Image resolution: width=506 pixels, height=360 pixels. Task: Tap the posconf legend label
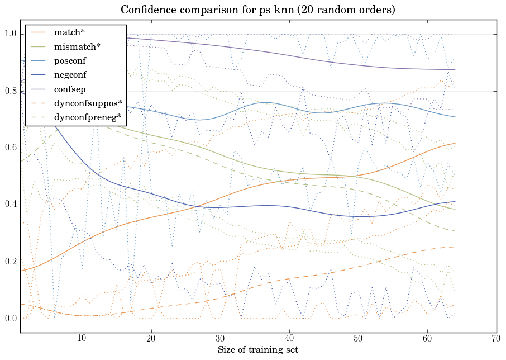70,60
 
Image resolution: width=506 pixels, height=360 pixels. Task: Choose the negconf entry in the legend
70,74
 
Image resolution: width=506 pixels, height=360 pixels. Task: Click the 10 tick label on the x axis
82,339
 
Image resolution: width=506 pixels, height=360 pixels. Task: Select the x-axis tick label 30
220,339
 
